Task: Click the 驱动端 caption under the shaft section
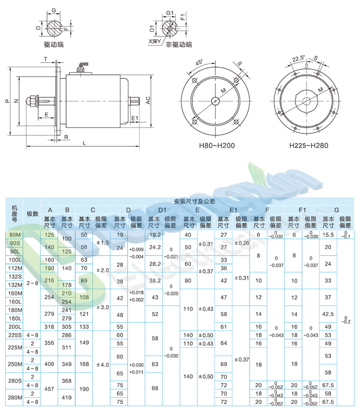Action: click(53, 45)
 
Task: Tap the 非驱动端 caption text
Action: click(178, 45)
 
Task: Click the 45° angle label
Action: click(200, 62)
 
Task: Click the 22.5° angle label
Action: click(299, 58)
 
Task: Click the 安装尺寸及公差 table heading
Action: click(195, 201)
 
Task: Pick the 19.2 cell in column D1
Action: click(155, 234)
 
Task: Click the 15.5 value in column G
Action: click(328, 234)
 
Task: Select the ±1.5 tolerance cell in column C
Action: click(102, 243)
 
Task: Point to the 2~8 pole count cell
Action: click(33, 283)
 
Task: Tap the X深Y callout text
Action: click(155, 41)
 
